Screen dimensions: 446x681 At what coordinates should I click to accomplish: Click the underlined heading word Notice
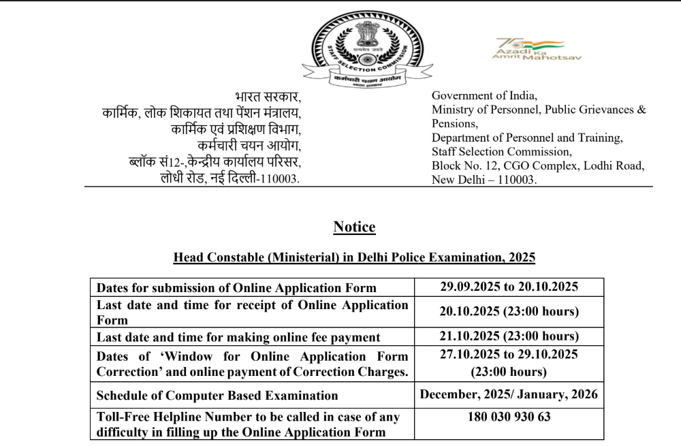[x=354, y=227]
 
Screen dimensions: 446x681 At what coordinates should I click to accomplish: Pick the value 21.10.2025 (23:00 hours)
[x=509, y=336]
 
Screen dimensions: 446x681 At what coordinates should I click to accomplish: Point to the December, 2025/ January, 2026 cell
[x=509, y=394]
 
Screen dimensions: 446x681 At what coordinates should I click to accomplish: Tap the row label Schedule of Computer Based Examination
[x=217, y=395]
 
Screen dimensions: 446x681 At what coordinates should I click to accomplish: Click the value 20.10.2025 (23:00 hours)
[x=509, y=312]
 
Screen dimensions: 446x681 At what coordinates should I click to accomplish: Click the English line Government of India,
[x=485, y=95]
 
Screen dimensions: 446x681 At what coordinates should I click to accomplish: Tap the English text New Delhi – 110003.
[x=484, y=180]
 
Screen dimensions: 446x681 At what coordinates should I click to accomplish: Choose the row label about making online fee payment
[x=238, y=337]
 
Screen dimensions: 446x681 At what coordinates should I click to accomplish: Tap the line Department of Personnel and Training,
[x=527, y=138]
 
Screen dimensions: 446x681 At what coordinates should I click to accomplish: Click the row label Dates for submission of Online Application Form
[x=236, y=287]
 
